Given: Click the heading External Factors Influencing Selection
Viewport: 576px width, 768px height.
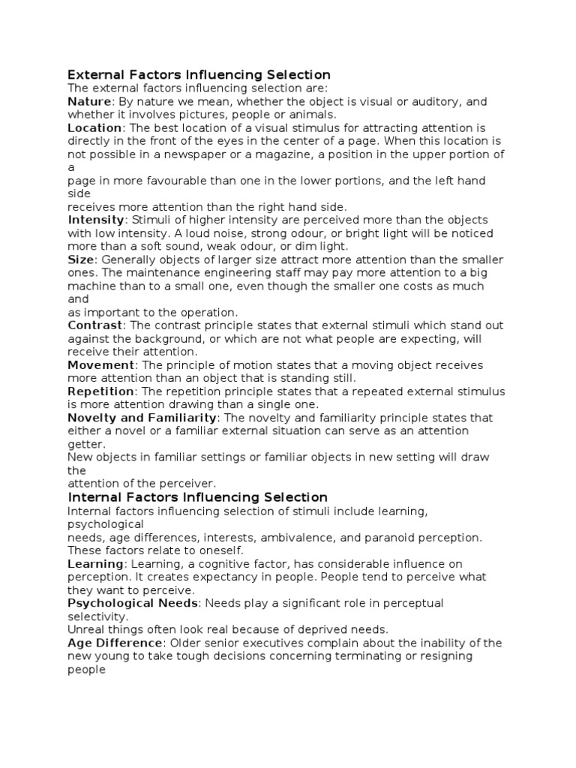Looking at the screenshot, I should pos(199,75).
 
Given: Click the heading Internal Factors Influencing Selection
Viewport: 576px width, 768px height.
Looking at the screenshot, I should pos(198,497).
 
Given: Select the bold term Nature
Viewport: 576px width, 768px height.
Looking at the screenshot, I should pos(89,101).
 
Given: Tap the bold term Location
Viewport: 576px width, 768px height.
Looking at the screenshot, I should pos(94,127).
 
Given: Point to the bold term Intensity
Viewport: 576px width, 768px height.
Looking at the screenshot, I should pos(96,220).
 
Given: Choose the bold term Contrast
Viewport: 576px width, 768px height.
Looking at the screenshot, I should pos(94,325).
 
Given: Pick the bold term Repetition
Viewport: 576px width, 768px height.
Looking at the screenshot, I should pos(100,391).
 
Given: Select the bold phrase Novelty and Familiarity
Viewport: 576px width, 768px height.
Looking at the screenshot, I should pos(142,418).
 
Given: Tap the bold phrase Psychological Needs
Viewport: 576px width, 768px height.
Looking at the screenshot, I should pos(133,603).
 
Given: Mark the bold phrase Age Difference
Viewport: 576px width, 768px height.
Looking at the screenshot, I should pos(115,643).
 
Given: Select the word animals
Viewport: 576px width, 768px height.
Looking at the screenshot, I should pos(310,115).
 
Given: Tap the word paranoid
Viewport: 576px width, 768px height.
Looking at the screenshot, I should pos(397,538).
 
